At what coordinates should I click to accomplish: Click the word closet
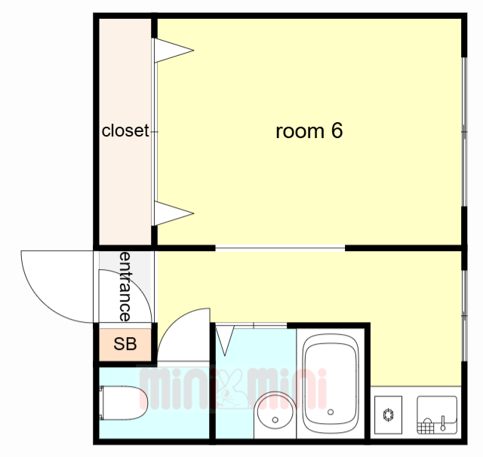(125, 130)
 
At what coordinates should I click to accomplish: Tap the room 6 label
(309, 130)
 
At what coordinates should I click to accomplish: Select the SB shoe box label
(125, 344)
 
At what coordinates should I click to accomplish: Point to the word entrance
(125, 287)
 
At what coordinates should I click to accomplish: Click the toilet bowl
(123, 403)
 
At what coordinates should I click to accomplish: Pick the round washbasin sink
(275, 410)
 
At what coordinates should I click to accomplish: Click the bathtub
(331, 384)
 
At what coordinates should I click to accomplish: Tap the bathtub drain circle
(331, 412)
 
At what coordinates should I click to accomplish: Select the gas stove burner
(388, 414)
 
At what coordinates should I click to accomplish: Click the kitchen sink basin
(437, 415)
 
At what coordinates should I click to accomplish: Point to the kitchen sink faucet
(443, 423)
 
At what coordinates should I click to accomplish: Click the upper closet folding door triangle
(174, 51)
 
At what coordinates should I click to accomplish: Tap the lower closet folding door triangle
(174, 213)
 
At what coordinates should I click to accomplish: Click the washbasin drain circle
(275, 420)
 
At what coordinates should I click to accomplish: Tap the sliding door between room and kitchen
(280, 248)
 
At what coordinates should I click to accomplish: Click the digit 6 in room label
(337, 130)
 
